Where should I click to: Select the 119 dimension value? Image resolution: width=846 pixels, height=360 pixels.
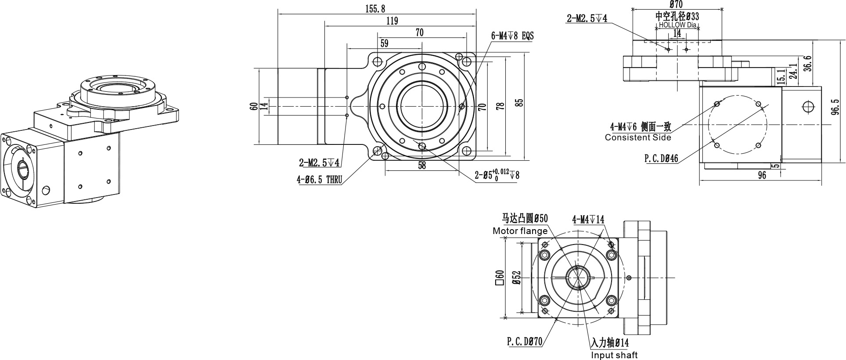392,21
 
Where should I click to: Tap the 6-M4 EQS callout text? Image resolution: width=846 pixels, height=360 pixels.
513,36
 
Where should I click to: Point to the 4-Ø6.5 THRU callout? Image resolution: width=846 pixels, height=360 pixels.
319,179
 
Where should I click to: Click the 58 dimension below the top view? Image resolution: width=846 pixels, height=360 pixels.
422,166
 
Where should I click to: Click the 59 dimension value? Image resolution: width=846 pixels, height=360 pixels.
384,43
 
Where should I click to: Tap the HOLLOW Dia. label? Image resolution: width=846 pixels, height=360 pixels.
678,25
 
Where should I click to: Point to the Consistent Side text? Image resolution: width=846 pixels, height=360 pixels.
638,137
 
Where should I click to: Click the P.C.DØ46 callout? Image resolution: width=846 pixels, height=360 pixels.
661,158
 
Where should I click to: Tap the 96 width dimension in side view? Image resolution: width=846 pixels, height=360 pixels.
762,175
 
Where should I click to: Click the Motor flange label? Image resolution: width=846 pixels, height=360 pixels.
520,230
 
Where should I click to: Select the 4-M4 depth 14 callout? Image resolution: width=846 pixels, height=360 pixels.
588,219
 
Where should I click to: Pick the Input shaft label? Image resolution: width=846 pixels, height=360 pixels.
614,355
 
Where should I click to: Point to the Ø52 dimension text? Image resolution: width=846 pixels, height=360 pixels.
516,277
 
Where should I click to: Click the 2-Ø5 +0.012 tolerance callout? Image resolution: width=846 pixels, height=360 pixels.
497,174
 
